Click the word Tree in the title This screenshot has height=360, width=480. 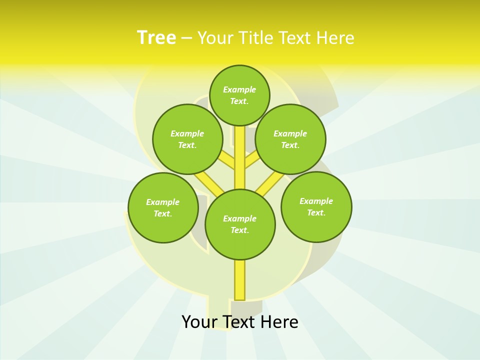pyautogui.click(x=156, y=37)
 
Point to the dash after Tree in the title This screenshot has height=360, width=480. pyautogui.click(x=186, y=38)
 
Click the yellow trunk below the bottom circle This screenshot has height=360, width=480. pyautogui.click(x=240, y=279)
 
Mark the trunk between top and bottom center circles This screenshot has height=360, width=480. pyautogui.click(x=240, y=157)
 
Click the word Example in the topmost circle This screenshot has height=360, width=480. pyautogui.click(x=239, y=89)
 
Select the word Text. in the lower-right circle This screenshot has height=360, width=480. pyautogui.click(x=316, y=212)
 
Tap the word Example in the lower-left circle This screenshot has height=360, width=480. pyautogui.click(x=162, y=202)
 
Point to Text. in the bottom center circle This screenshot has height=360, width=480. pyautogui.click(x=239, y=230)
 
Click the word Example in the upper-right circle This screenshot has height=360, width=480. pyautogui.click(x=290, y=133)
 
